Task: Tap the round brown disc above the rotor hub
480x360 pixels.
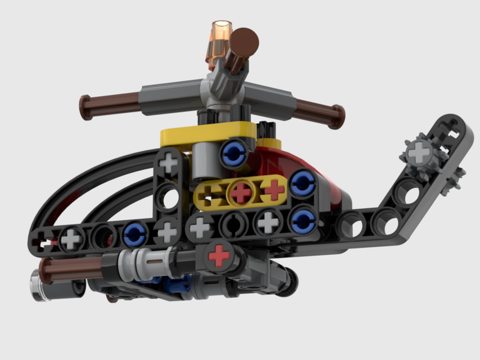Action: coord(244,41)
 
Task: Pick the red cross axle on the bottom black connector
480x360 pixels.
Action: coord(219,255)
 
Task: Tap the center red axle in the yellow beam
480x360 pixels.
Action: coord(241,192)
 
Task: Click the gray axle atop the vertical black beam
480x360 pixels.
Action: coord(168,162)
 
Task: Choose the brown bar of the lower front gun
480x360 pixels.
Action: coord(72,267)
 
